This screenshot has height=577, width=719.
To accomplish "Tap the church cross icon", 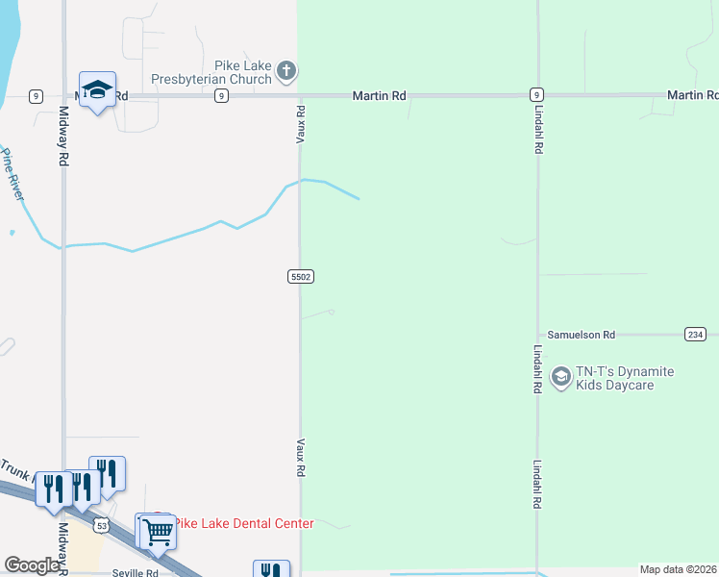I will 286,70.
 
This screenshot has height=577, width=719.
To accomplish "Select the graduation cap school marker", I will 97,89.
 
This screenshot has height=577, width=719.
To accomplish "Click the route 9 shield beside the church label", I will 221,96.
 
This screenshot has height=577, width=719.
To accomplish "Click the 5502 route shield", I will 300,276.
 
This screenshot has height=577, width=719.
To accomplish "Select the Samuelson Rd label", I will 581,335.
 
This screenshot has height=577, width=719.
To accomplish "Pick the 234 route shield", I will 695,334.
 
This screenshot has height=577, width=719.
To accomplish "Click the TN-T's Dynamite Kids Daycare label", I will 624,378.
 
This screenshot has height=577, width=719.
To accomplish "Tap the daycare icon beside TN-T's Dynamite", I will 560,378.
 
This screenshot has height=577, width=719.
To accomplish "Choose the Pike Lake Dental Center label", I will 244,523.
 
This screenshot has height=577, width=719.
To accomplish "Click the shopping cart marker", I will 158,531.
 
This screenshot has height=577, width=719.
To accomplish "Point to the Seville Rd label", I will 134,572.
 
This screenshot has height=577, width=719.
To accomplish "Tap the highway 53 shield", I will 102,525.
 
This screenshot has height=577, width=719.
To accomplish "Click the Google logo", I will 33,565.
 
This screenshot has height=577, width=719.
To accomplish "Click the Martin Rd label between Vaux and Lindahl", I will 379,96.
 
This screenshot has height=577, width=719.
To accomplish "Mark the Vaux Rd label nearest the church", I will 301,125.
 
